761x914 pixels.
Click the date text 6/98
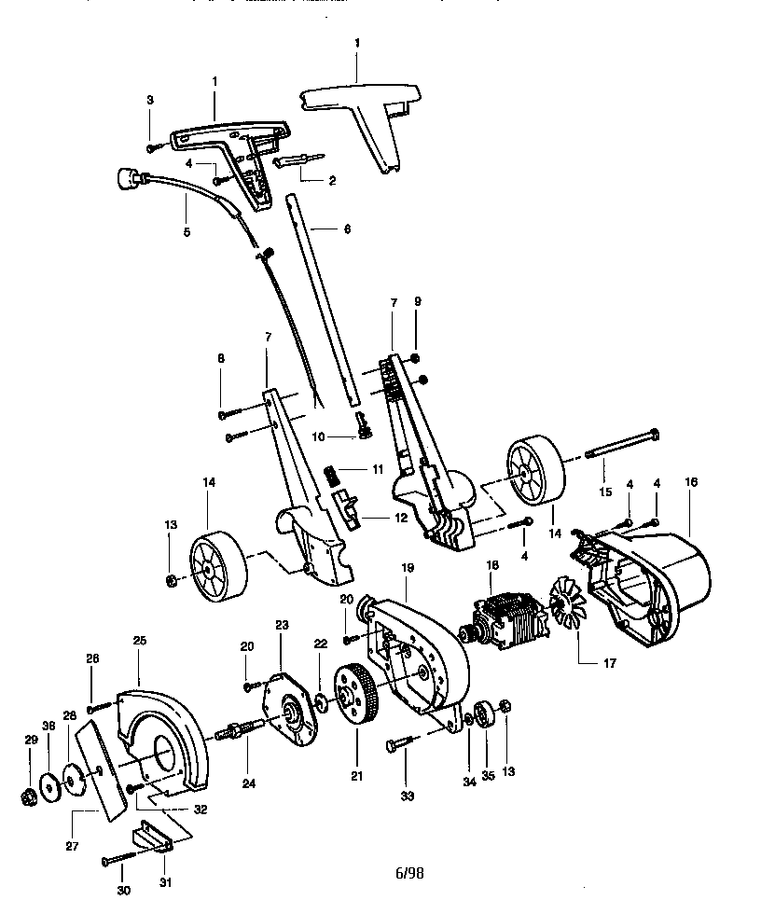click(x=409, y=873)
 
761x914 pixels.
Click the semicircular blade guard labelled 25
click(x=163, y=736)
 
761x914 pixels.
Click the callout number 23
click(x=282, y=625)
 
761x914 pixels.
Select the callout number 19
click(x=408, y=567)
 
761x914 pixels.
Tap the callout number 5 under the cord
click(x=187, y=232)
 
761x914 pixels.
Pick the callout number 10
click(x=318, y=436)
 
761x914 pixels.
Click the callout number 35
click(x=489, y=775)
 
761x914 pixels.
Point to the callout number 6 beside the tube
click(x=347, y=229)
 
